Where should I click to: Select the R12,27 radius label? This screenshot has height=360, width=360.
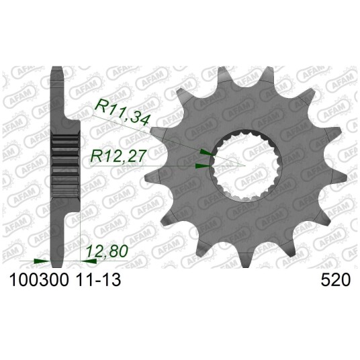pos(118,156)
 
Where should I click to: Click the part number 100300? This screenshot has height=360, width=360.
pos(38,280)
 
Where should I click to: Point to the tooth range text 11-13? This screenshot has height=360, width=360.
pos(99,280)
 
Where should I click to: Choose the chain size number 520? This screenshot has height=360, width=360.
pos(336,280)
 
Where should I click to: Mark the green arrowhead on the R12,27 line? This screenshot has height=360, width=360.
pos(203,166)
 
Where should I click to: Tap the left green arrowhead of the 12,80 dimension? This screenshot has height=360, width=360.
pos(42,261)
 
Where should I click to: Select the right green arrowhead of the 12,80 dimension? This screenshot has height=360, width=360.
pos(89,261)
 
